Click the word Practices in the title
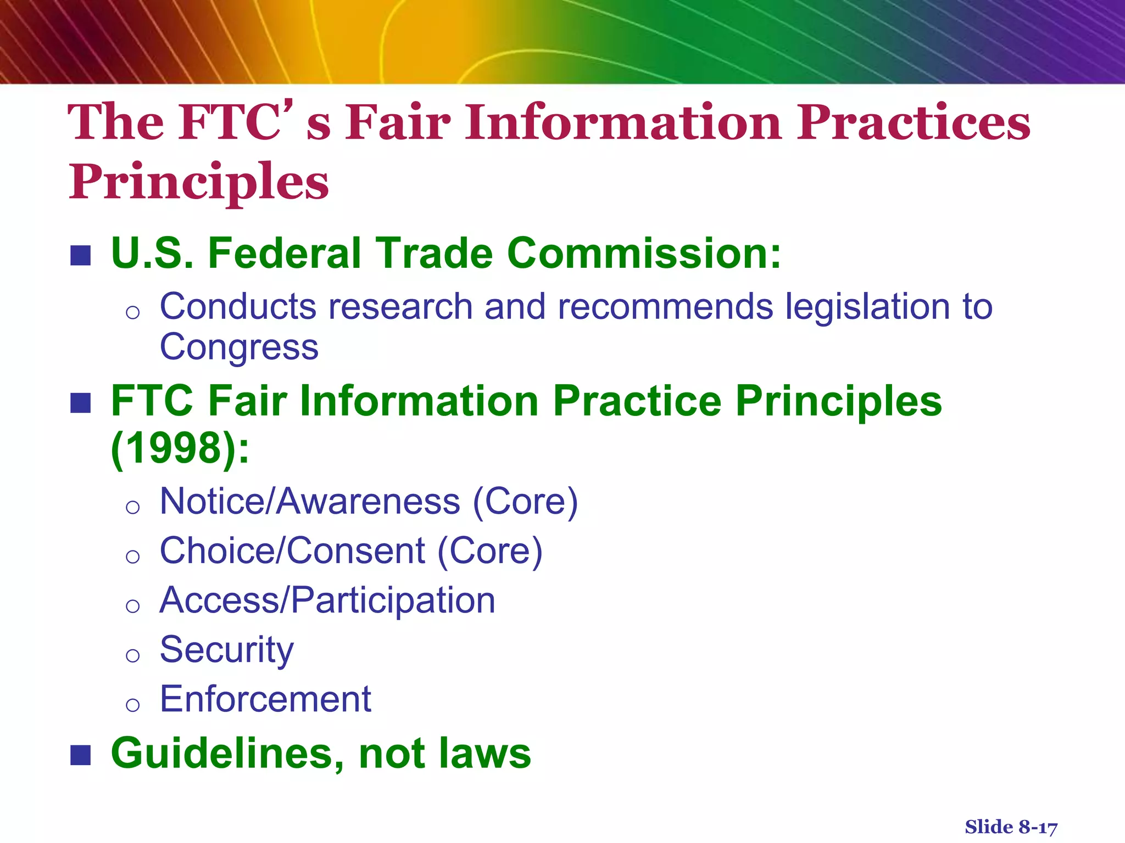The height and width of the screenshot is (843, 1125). click(x=913, y=123)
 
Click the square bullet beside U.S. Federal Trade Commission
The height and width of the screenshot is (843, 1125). click(x=81, y=256)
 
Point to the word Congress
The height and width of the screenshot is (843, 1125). click(x=239, y=347)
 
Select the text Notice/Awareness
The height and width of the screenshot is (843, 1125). click(x=310, y=502)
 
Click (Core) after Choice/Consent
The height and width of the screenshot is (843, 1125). click(x=489, y=551)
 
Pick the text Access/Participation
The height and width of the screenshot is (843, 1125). click(x=327, y=600)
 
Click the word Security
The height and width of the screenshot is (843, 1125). click(x=226, y=650)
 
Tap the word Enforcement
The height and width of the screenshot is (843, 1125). click(x=265, y=699)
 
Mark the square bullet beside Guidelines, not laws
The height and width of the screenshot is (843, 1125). click(x=81, y=755)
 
